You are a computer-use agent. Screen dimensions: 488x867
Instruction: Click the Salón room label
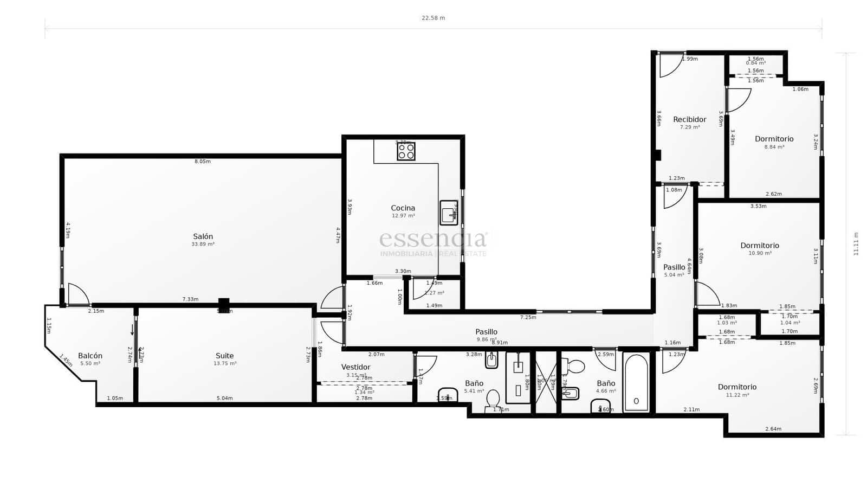tap(203, 236)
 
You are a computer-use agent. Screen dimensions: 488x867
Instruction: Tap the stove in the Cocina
tap(406, 151)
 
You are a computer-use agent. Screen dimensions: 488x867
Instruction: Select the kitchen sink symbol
tap(448, 213)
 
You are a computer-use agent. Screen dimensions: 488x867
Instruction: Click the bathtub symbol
tap(636, 382)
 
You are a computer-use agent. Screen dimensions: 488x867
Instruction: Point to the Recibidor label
tap(689, 119)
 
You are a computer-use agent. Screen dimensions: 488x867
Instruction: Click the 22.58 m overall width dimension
tap(433, 18)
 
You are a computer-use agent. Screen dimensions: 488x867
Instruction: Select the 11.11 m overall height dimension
tap(856, 244)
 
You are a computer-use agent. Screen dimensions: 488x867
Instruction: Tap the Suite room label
tap(224, 356)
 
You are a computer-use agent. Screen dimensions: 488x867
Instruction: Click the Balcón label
tap(90, 356)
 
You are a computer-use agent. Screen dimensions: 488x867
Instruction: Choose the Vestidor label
tap(355, 367)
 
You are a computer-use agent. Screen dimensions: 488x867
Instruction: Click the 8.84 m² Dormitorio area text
tap(774, 147)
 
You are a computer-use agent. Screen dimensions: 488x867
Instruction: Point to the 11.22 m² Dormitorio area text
tap(737, 395)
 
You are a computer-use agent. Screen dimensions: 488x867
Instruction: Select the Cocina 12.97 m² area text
tap(403, 216)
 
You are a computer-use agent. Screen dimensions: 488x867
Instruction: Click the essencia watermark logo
tap(433, 239)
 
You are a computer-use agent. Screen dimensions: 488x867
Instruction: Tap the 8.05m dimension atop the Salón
tap(202, 161)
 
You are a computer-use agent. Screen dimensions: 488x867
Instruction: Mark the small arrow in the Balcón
tap(132, 330)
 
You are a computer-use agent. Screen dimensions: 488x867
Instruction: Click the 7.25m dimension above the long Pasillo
tap(528, 317)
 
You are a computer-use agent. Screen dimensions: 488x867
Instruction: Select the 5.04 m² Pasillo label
tap(674, 275)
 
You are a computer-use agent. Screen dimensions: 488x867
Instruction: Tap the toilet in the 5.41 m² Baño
tap(493, 399)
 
